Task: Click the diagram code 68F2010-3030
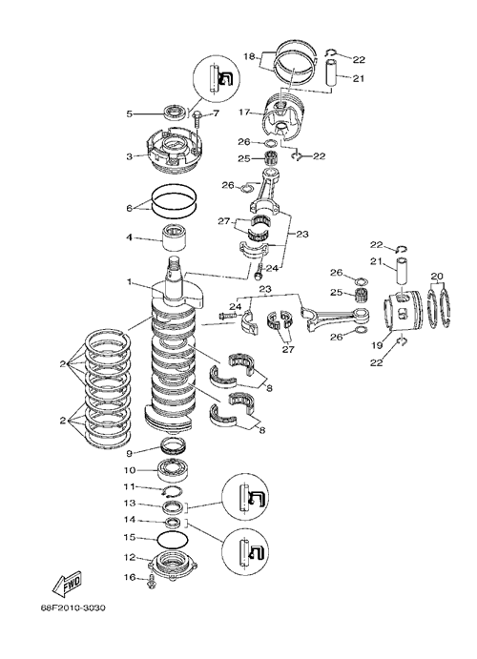[x=73, y=608]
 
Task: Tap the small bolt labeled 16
[x=152, y=582]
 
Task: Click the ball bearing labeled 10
[x=172, y=470]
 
